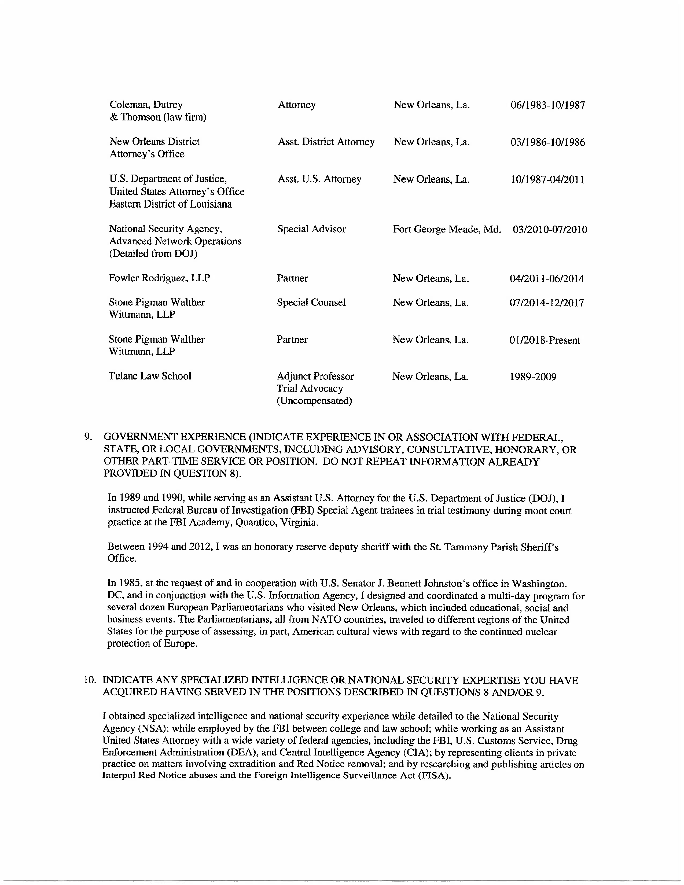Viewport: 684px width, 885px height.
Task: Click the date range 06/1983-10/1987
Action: point(547,105)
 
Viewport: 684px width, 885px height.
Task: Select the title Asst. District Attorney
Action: point(326,142)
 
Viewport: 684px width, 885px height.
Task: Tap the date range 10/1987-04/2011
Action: point(547,179)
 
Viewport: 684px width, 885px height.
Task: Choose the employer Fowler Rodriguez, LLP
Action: point(159,278)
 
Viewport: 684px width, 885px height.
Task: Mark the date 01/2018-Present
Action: point(544,340)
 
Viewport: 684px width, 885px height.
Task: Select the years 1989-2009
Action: point(533,377)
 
